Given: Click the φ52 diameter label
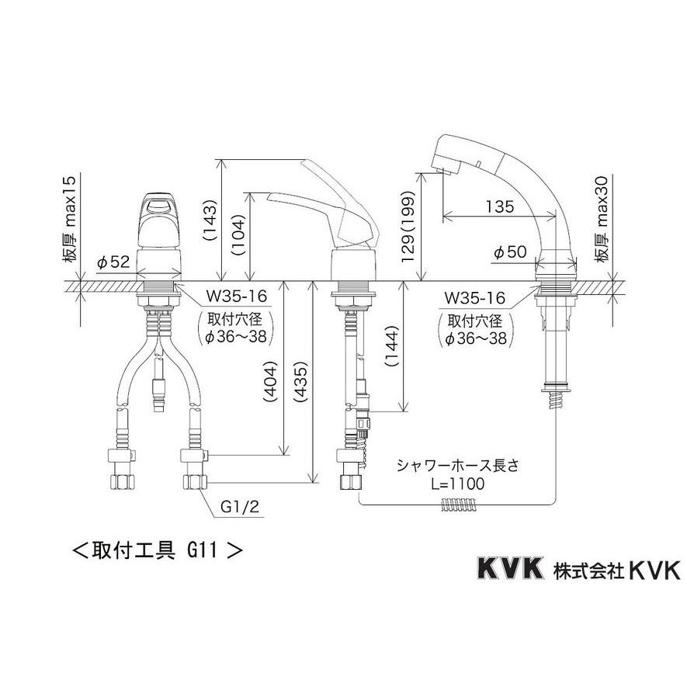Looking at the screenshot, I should click(113, 262).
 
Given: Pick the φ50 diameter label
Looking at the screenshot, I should click(510, 252).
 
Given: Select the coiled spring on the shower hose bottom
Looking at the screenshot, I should click(459, 505).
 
